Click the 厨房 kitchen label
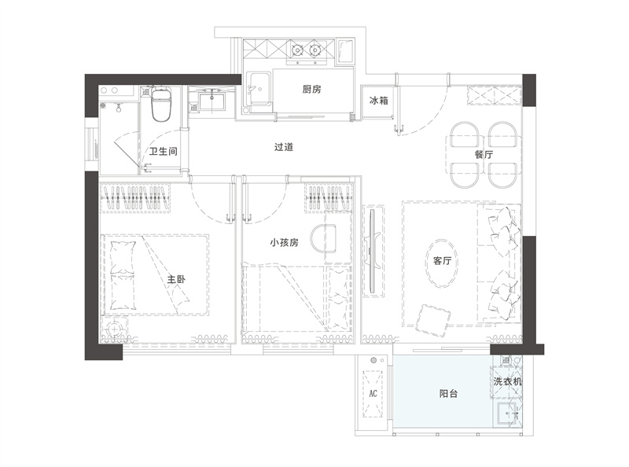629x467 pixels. coord(311,89)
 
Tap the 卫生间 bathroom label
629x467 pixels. coord(164,151)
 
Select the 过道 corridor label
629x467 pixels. coord(284,147)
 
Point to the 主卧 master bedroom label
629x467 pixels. coord(176,279)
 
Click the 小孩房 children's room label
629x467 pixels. coord(285,242)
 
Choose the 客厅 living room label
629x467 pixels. coord(442,261)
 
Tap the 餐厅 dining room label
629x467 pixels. coord(484,154)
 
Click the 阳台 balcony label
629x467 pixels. coord(448,394)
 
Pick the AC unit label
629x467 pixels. coord(373,394)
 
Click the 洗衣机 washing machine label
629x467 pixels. coord(508,381)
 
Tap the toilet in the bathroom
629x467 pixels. coord(160,104)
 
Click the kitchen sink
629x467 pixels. coord(259,90)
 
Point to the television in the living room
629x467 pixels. coord(372,251)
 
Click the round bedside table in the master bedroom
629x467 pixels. coord(115,329)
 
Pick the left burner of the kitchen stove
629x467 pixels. coord(297,50)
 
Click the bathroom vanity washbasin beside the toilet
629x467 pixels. coord(212,99)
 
